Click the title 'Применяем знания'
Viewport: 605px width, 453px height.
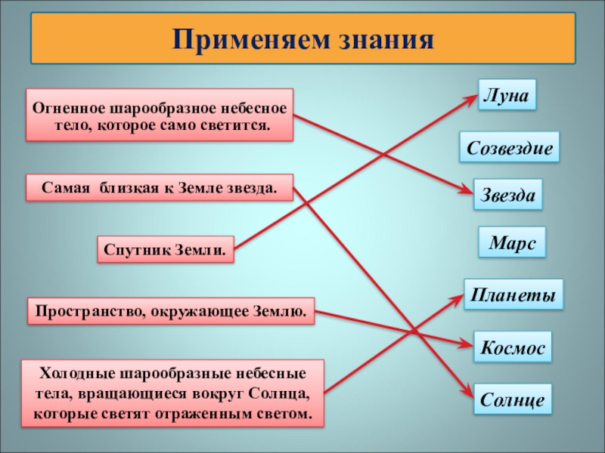click(303, 39)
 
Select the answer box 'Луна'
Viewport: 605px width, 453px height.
click(507, 96)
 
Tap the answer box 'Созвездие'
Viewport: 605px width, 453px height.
click(510, 147)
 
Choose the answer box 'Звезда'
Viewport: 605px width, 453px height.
click(508, 195)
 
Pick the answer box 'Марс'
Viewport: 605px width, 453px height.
click(512, 243)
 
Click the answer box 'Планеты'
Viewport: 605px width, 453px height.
click(513, 294)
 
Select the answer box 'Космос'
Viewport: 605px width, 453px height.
click(512, 348)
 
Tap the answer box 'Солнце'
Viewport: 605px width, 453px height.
click(512, 399)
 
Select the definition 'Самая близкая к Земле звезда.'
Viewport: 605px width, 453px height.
click(160, 187)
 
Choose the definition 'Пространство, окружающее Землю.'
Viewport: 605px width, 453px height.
click(172, 310)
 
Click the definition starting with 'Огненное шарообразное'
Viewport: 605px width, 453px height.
click(160, 115)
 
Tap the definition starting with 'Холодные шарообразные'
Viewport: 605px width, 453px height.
click(173, 394)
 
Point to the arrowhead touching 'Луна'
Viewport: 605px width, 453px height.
click(472, 100)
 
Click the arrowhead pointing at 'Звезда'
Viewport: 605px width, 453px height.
click(468, 191)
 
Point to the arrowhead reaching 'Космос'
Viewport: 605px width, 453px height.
click(467, 345)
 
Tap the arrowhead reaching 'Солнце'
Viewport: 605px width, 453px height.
click(468, 395)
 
